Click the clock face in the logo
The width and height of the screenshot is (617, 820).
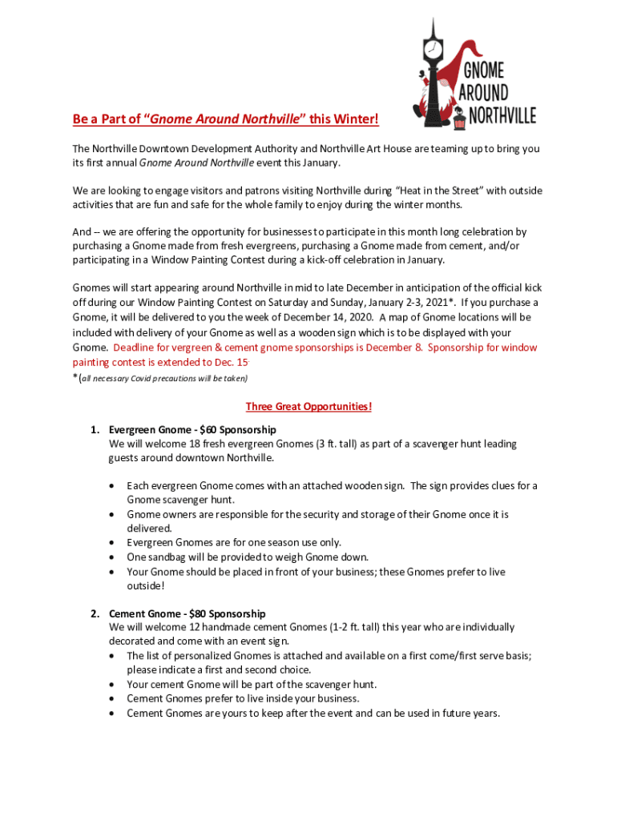tap(433, 49)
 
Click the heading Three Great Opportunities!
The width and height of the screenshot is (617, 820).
tap(308, 406)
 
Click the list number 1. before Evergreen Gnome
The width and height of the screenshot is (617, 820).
tap(95, 429)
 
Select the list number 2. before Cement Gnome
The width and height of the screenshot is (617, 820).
tap(95, 613)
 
